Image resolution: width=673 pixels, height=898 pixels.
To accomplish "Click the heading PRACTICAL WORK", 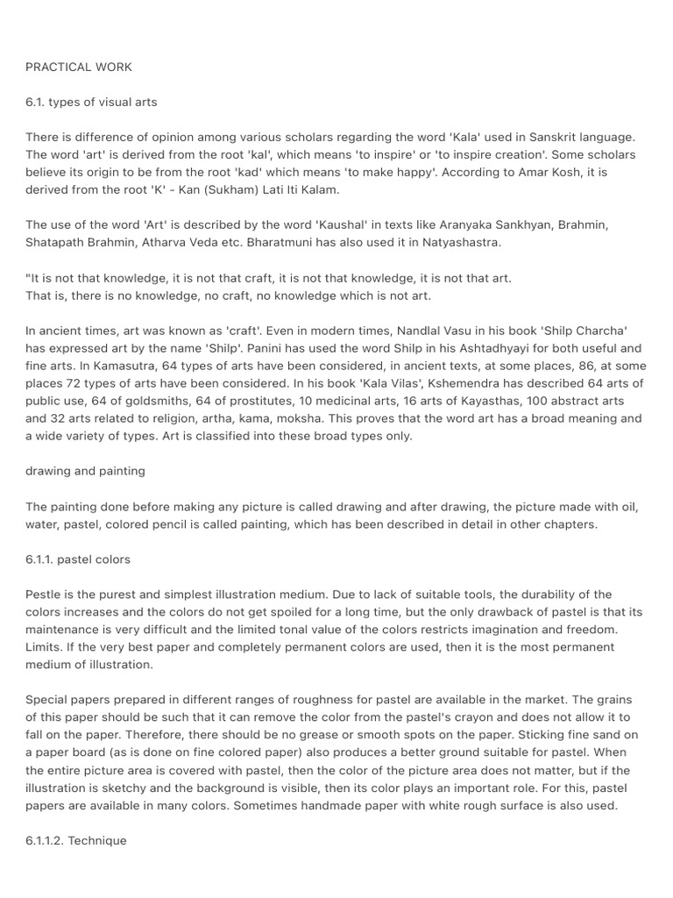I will (79, 67).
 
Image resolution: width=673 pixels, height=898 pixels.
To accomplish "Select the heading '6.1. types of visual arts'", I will (92, 102).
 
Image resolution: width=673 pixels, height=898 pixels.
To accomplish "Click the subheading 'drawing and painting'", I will (86, 471).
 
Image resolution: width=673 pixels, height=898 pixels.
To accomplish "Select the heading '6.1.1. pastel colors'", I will (79, 559).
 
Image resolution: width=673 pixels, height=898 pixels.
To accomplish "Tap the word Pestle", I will (45, 594).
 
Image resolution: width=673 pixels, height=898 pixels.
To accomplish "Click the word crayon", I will (448, 717).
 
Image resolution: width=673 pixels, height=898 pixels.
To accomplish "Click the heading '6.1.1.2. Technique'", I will (76, 840).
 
